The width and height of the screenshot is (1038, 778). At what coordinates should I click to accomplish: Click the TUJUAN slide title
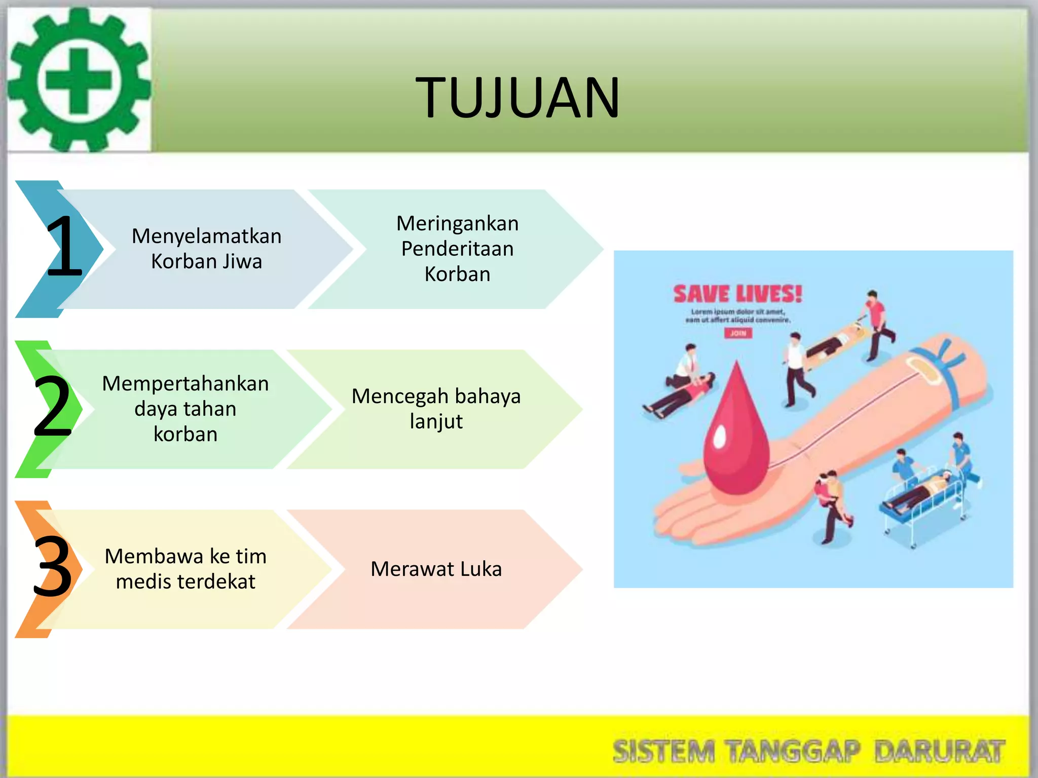[x=517, y=97]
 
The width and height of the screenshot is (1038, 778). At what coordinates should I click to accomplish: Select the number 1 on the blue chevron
[x=64, y=247]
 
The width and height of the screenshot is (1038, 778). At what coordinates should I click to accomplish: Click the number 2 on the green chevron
[x=52, y=406]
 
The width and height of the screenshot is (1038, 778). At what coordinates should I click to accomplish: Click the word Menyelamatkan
[x=206, y=236]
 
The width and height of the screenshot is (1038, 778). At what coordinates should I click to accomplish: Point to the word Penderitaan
[x=457, y=249]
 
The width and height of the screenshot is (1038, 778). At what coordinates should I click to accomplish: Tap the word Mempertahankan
[x=186, y=383]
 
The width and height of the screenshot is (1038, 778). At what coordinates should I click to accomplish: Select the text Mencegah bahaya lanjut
[x=436, y=408]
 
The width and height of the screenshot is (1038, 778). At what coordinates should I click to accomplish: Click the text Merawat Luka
[x=436, y=569]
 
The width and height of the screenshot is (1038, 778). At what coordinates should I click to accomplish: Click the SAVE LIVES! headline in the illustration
[x=737, y=294]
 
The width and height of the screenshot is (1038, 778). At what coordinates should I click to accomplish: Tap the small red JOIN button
[x=738, y=333]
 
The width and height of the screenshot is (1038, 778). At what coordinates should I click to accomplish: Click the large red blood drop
[x=736, y=436]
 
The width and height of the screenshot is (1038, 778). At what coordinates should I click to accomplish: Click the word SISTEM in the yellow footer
[x=663, y=751]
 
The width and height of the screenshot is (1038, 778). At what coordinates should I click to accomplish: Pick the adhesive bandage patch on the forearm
[x=922, y=369]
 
